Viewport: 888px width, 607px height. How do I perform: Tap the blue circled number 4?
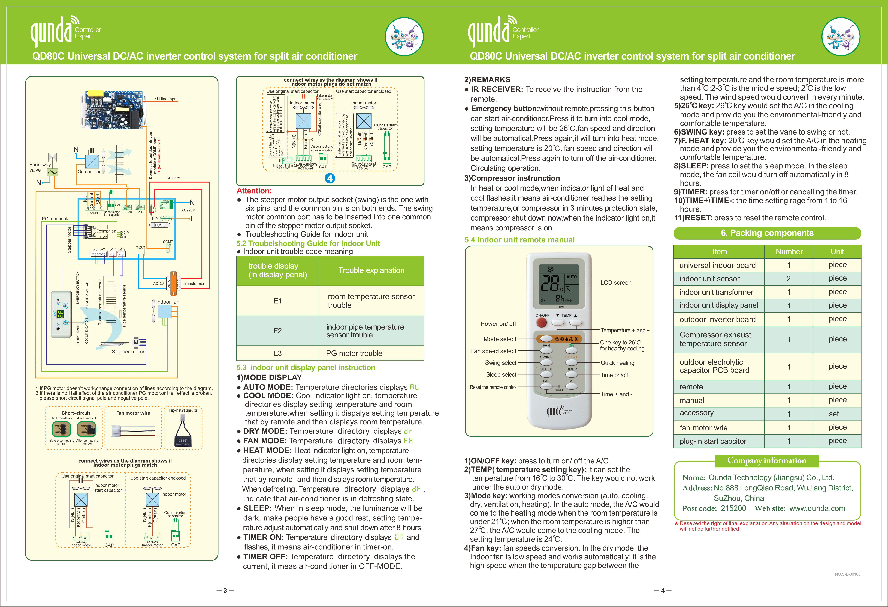[330, 178]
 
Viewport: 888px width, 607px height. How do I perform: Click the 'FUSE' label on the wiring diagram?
[160, 225]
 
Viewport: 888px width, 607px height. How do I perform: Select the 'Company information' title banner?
[766, 460]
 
